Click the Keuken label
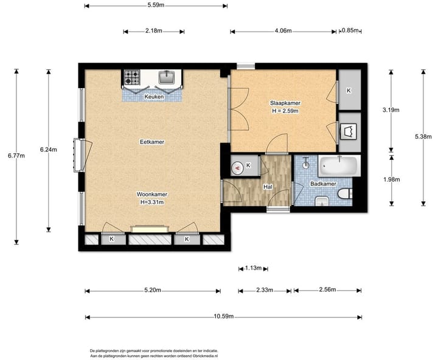pyautogui.click(x=154, y=97)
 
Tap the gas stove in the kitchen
pyautogui.click(x=132, y=77)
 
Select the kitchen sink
pyautogui.click(x=167, y=77)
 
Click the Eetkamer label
pyautogui.click(x=152, y=142)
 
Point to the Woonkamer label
pyautogui.click(x=152, y=194)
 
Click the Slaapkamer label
pyautogui.click(x=285, y=103)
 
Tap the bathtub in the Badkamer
pyautogui.click(x=339, y=166)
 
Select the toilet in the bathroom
pyautogui.click(x=345, y=194)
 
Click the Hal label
pyautogui.click(x=268, y=187)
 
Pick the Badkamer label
pyautogui.click(x=323, y=184)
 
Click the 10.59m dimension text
pyautogui.click(x=224, y=316)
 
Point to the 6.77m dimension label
pyautogui.click(x=16, y=156)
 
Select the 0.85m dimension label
pyautogui.click(x=350, y=30)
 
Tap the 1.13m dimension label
pyautogui.click(x=253, y=268)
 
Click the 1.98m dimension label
pyautogui.click(x=392, y=179)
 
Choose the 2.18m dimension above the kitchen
pyautogui.click(x=154, y=31)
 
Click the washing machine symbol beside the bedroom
pyautogui.click(x=349, y=131)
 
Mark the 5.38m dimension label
pyautogui.click(x=423, y=137)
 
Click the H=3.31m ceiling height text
pyautogui.click(x=152, y=202)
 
